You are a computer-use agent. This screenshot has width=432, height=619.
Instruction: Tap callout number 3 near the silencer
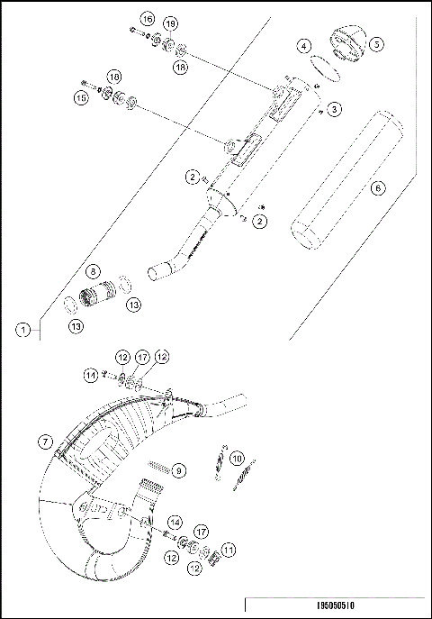333,109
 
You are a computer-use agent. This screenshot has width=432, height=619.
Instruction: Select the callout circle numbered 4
306,46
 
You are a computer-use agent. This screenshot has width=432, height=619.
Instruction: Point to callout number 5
376,42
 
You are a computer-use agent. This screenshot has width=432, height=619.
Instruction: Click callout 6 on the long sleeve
377,188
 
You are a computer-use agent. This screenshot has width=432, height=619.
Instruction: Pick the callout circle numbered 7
42,441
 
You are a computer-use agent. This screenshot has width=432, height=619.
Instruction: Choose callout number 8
92,270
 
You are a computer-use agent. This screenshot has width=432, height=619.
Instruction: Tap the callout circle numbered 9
178,470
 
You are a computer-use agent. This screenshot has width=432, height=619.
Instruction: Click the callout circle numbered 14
175,522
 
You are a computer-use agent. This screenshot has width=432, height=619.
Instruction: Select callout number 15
80,97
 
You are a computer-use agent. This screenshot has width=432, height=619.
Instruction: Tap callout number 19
171,23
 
